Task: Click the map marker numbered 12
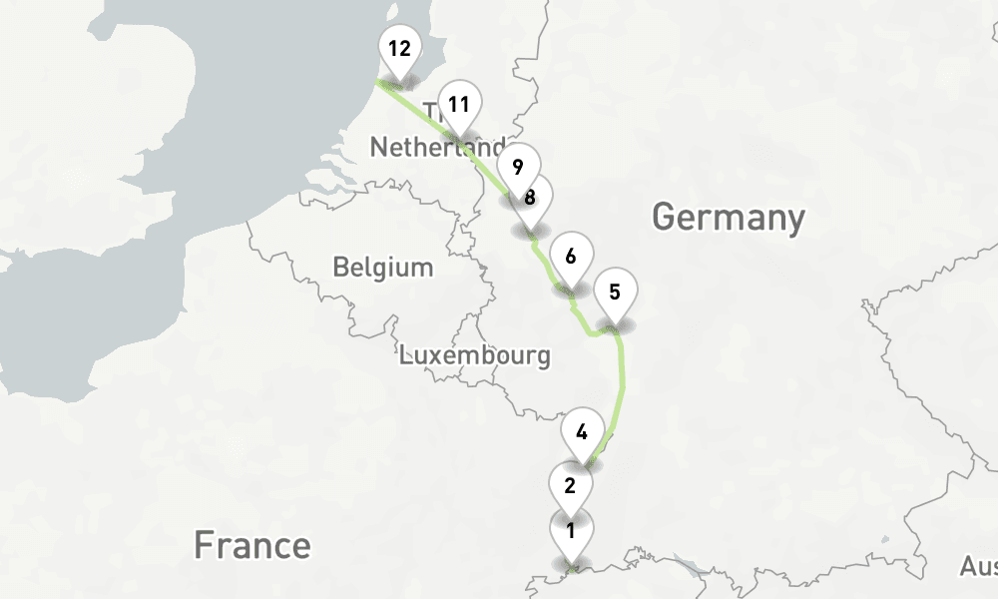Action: (399, 50)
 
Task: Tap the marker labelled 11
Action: (459, 106)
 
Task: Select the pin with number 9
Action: (517, 168)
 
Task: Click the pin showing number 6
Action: (570, 258)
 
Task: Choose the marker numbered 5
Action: (615, 295)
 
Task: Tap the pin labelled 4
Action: (581, 435)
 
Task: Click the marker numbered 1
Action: (571, 532)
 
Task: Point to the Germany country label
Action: (728, 217)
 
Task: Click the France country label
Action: (251, 546)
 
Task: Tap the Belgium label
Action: (383, 268)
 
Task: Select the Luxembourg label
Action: (474, 354)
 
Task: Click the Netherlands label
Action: (436, 148)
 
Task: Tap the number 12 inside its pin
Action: (399, 47)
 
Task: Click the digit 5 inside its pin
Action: (615, 293)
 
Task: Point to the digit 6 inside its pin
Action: (570, 256)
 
